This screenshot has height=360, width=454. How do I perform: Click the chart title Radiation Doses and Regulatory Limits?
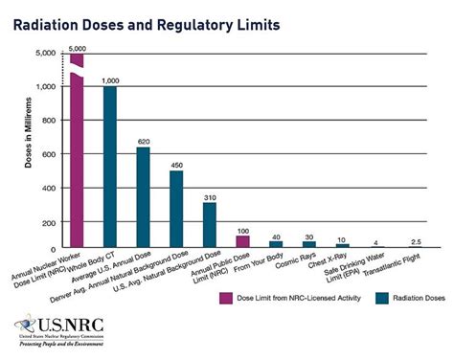147,22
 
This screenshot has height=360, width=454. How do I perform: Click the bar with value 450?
176,209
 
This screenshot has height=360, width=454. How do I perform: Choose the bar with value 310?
209,225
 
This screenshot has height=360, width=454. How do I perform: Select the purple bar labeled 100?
242,238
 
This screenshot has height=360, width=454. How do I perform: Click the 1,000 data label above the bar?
110,79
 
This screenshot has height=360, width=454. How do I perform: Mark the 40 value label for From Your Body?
276,236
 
